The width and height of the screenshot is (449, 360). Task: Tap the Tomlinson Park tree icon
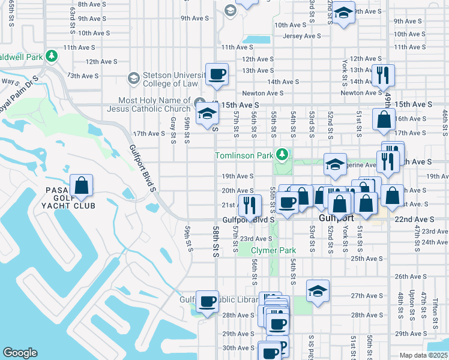283,155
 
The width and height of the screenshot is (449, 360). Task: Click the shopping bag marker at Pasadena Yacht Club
82,186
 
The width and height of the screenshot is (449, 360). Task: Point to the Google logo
20,353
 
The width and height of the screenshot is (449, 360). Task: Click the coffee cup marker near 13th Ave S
217,74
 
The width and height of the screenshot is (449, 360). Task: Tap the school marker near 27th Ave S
318,291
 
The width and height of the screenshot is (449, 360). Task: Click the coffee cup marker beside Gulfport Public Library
208,302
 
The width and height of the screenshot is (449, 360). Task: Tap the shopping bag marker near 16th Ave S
384,120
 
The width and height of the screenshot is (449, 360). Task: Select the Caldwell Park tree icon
52,56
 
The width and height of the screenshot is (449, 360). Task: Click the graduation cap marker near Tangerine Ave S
335,164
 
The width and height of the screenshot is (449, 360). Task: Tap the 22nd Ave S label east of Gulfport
414,220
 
